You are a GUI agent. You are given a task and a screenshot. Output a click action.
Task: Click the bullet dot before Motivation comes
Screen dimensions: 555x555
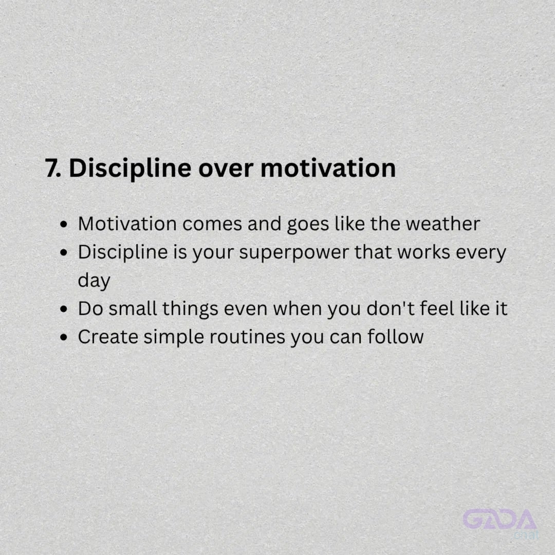pos(64,225)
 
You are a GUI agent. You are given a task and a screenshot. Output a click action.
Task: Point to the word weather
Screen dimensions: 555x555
pos(443,224)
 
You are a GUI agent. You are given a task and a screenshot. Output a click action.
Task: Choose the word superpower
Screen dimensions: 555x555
pos(294,253)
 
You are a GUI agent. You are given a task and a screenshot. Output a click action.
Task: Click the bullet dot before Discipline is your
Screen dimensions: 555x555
pos(64,253)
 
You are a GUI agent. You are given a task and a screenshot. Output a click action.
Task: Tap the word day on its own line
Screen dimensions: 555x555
pos(94,281)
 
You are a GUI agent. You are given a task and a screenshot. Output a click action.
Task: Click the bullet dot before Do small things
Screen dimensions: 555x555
pos(64,309)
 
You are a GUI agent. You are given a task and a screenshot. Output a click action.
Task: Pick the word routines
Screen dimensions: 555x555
pos(247,337)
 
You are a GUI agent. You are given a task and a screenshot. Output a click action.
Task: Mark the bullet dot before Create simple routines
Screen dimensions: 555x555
pos(64,337)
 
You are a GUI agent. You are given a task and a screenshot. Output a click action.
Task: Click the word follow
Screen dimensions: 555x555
pos(395,337)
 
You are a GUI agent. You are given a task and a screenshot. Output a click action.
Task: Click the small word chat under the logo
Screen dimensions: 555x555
pos(526,534)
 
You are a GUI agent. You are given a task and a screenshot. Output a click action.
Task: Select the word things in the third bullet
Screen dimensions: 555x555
pos(191,309)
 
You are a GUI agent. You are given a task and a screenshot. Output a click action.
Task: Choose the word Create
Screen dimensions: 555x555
pos(108,337)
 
